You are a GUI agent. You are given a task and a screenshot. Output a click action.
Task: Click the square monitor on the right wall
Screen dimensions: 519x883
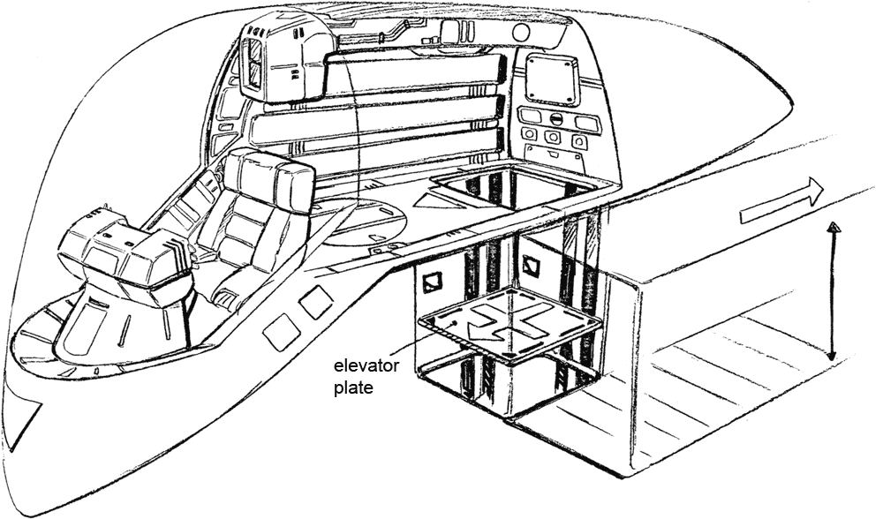(551, 79)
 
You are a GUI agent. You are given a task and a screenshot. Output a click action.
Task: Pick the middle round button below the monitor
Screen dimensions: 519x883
(553, 138)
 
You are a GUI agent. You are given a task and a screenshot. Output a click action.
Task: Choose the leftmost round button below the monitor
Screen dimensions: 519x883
(530, 134)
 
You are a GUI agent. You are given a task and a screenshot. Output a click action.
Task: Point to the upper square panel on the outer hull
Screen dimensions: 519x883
(315, 303)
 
